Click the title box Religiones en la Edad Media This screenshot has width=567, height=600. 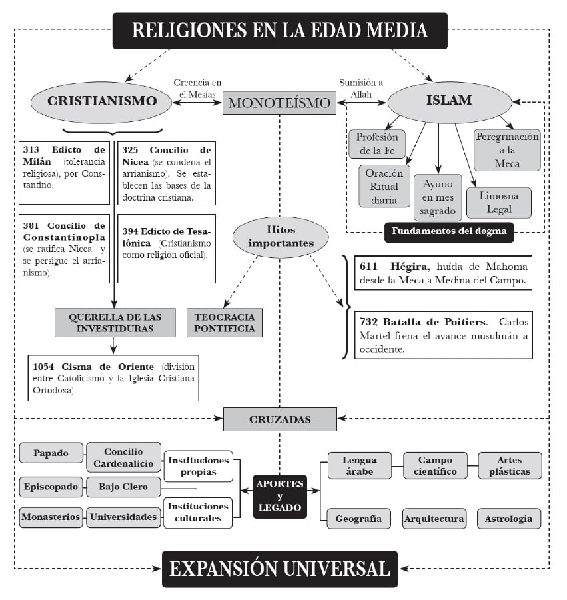[x=280, y=31]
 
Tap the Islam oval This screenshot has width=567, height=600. [x=448, y=101]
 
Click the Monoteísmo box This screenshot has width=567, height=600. [x=279, y=103]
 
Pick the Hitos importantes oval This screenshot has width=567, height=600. [x=281, y=237]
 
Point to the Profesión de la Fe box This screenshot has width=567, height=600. [x=376, y=143]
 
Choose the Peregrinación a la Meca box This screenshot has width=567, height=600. [x=507, y=150]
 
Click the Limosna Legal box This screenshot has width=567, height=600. [x=498, y=202]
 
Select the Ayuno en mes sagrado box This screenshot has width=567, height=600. [x=438, y=197]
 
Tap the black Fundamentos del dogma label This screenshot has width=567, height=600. [x=449, y=232]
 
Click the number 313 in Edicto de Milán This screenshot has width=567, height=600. [x=32, y=149]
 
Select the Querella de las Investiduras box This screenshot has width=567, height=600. [x=115, y=322]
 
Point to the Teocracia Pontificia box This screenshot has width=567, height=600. [x=225, y=322]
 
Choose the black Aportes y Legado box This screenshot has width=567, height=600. [x=280, y=495]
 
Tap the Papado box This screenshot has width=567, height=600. [x=51, y=453]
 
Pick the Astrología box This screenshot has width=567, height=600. [x=509, y=518]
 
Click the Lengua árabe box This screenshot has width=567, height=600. [x=359, y=465]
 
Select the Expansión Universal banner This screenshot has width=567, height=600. [x=279, y=569]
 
